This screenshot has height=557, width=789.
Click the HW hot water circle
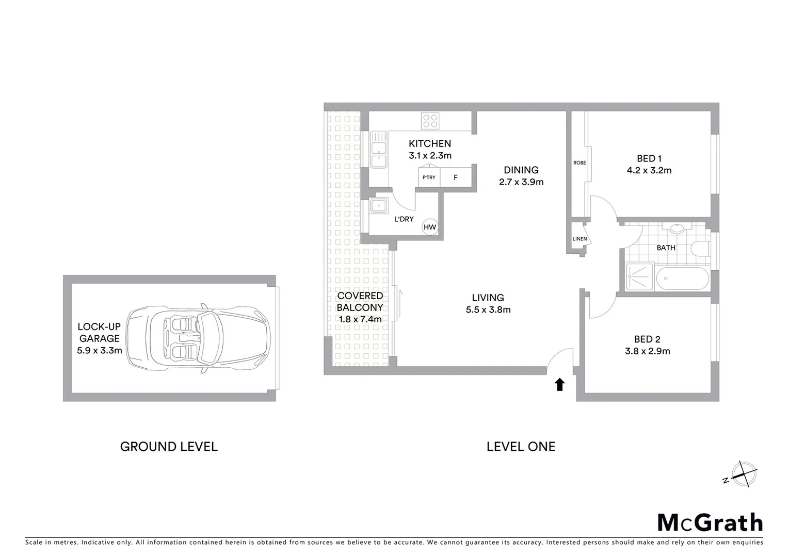point(430,227)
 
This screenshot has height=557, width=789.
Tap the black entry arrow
point(559,384)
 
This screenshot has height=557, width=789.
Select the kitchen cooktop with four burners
point(430,121)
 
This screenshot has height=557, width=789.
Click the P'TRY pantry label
point(429,177)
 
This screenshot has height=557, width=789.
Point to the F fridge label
point(456,177)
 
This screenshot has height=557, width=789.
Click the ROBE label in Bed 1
point(579,163)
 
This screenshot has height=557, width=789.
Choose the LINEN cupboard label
point(579,239)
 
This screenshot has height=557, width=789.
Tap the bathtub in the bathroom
point(683,278)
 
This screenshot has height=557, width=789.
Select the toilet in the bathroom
point(700,249)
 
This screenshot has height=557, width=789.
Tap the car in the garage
point(199,338)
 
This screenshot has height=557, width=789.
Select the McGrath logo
point(710,522)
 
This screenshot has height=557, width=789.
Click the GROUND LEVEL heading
point(169,447)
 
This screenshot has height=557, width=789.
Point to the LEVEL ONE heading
point(521,447)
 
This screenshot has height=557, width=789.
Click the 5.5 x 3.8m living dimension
point(488,310)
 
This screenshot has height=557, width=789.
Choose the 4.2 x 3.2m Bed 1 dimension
point(649,171)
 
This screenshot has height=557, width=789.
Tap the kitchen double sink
point(379,150)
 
